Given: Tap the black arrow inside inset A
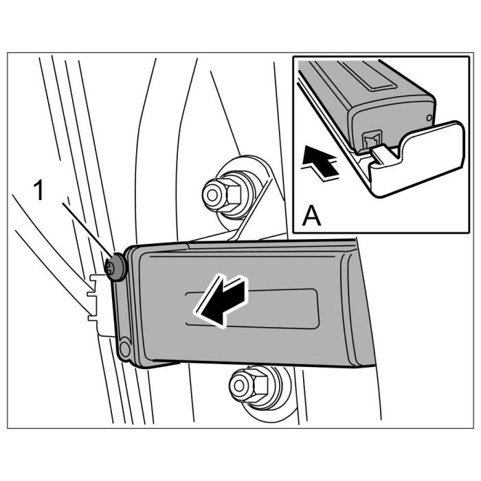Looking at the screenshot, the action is click(320, 163).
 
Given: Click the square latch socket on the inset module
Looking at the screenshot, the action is click(371, 138).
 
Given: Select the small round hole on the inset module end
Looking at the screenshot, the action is click(429, 118).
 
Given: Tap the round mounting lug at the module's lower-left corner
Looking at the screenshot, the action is click(124, 350).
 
